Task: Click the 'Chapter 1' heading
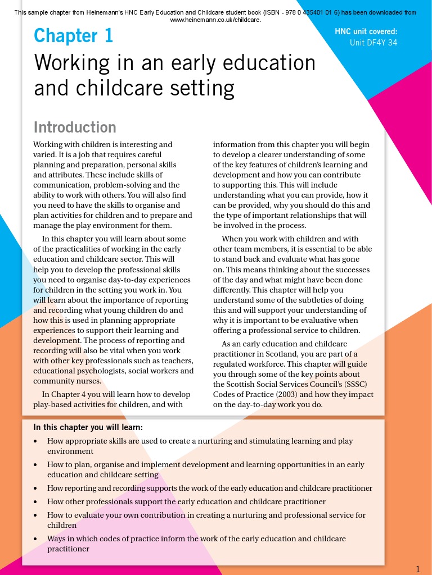tap(73, 36)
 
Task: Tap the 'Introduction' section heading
tap(75, 127)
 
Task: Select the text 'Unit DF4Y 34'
tap(373, 42)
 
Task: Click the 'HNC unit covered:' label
tap(366, 31)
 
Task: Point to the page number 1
tap(418, 568)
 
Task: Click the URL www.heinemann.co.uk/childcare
tap(215, 20)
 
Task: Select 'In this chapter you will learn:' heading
tap(88, 427)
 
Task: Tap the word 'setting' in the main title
tap(196, 88)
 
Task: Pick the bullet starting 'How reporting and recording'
tap(209, 489)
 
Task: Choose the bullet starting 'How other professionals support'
tap(186, 501)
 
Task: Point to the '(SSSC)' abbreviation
tap(359, 384)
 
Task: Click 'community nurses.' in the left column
tap(67, 381)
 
